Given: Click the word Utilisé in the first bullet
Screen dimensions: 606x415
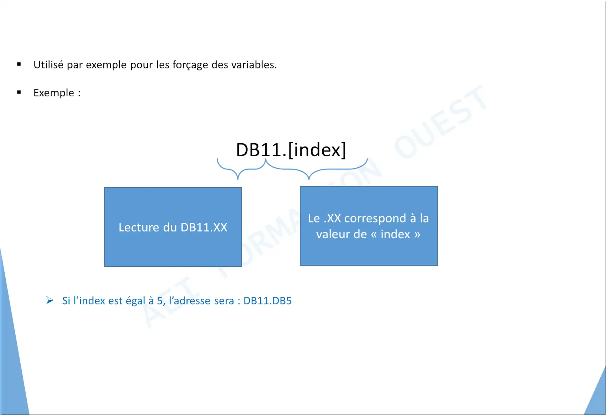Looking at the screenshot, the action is click(48, 65).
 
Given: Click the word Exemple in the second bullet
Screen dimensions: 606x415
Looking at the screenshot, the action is click(53, 93).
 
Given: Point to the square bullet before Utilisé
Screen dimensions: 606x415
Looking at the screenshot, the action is click(19, 64).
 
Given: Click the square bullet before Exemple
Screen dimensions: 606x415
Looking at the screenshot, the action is click(19, 92).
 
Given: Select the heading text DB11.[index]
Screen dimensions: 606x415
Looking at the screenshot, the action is click(291, 150).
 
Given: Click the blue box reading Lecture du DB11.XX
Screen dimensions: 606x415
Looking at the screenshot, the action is click(173, 227).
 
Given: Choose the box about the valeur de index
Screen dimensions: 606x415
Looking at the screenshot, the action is click(369, 226).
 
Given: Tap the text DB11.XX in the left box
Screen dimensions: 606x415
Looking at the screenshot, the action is click(204, 227).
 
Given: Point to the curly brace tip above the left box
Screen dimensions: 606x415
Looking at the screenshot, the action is click(238, 179).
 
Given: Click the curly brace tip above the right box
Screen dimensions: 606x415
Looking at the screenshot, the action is click(309, 179).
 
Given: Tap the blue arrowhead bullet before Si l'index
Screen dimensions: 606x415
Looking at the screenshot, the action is click(50, 300).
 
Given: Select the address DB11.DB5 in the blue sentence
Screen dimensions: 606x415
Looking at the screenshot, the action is click(268, 301).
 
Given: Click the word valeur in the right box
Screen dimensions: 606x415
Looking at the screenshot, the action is click(335, 234).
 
